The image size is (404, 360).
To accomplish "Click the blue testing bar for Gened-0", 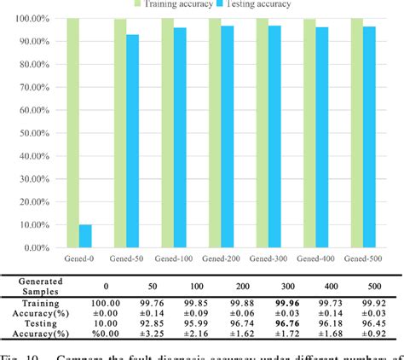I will point(85,236).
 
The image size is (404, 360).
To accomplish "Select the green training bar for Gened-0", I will point(73,133).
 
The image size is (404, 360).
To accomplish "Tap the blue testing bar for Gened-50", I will point(132,142).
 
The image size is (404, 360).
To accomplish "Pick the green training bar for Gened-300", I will point(262,133).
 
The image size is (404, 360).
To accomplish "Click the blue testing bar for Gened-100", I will point(180,138).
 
